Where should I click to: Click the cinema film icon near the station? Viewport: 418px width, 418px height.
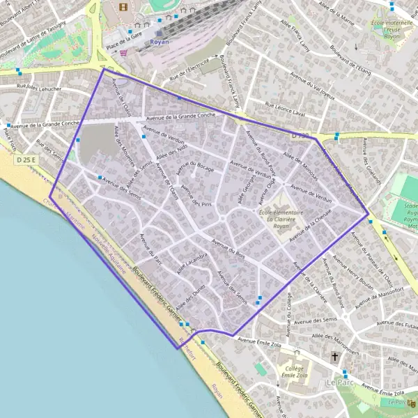[124, 7]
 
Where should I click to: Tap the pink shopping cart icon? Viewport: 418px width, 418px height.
[123, 52]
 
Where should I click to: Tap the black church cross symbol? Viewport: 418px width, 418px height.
[334, 356]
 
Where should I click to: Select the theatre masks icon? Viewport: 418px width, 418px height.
[412, 403]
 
